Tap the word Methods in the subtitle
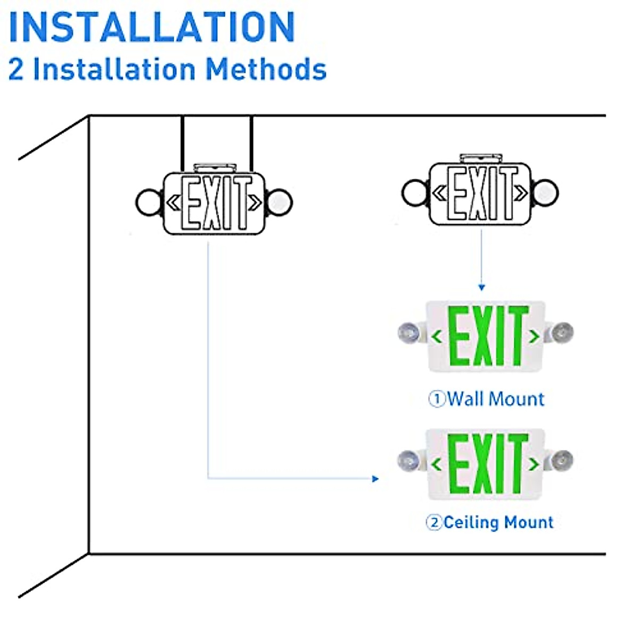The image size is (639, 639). click(266, 69)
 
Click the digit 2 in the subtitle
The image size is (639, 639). click(16, 70)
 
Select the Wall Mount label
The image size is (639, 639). click(496, 399)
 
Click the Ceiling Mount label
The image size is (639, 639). click(498, 522)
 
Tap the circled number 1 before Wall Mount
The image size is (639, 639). click(437, 399)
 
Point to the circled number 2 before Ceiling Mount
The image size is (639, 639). click(434, 522)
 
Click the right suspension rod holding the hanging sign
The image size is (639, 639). click(251, 144)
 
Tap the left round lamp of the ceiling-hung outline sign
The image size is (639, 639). click(149, 202)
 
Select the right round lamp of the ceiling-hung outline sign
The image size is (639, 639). click(279, 202)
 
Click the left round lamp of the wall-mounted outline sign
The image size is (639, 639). click(414, 193)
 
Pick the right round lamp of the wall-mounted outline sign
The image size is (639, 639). click(545, 193)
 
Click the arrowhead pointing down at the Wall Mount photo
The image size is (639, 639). click(481, 288)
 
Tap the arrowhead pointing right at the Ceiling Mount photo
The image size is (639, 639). click(375, 479)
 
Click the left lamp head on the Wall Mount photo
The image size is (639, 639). click(409, 332)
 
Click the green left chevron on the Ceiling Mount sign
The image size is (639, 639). click(437, 464)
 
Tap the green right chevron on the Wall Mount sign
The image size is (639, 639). click(534, 337)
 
